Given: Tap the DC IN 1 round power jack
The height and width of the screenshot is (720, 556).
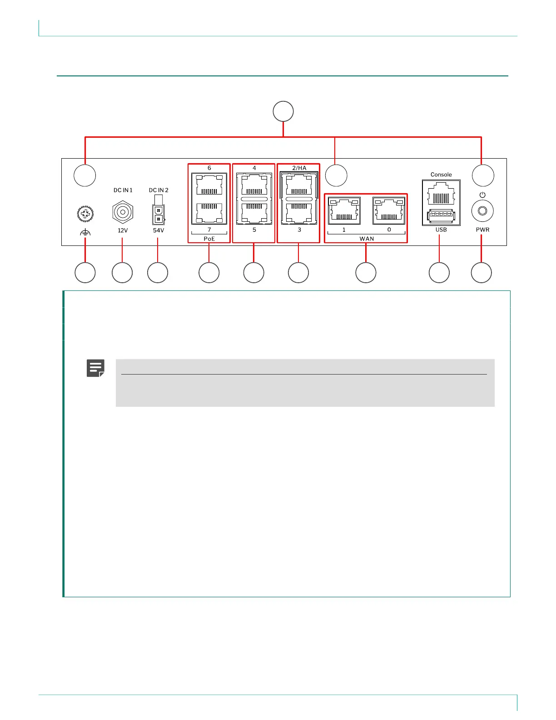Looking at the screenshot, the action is tap(122, 212).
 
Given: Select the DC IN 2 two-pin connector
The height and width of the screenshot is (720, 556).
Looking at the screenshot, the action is tap(159, 215).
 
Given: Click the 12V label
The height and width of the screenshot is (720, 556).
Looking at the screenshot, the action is tap(123, 230).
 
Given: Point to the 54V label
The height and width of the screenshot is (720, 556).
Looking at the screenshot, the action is tap(159, 230).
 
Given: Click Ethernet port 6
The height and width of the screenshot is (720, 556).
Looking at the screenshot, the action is tap(209, 185).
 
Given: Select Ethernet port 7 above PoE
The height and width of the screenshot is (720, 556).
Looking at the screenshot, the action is tap(209, 212).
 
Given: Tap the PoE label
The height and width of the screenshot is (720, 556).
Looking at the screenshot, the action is tap(209, 239).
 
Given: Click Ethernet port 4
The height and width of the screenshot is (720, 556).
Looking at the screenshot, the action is tap(254, 185).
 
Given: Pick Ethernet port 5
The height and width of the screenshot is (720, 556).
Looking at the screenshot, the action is tap(254, 212).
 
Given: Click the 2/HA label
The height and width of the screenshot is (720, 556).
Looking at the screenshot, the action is tap(299, 168).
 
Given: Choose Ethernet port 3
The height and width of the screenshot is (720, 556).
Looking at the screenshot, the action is tap(299, 212).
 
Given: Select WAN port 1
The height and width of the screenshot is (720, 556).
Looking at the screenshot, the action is tap(344, 210).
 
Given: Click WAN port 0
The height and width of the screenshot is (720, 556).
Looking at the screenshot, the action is tap(389, 210).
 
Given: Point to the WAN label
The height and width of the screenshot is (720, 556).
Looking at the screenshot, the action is tap(367, 239).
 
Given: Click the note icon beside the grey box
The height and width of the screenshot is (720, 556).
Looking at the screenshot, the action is tap(95, 368).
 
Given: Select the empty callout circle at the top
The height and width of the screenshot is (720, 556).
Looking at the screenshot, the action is tap(283, 111).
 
